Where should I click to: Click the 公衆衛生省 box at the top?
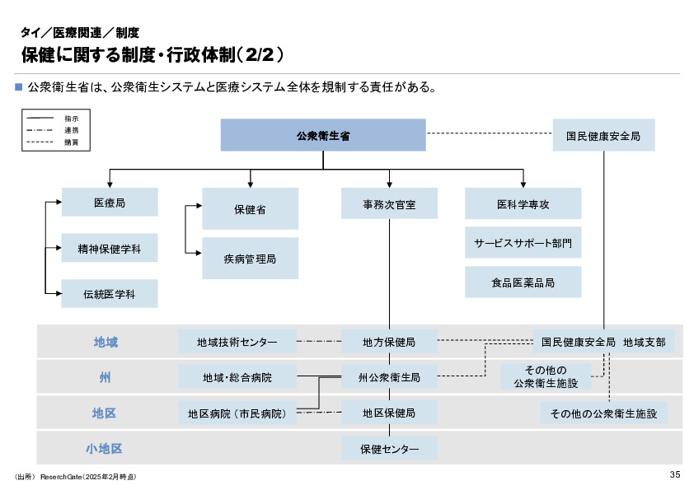323,135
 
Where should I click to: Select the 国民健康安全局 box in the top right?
603,135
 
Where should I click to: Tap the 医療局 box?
110,202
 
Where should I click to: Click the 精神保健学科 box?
110,247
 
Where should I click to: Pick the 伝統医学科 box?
110,293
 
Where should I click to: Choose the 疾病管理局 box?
250,259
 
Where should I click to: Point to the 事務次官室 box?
389,203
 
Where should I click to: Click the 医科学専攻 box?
523,203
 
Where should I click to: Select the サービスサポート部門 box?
523,243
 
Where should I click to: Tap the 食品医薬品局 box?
523,282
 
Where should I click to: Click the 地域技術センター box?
237,342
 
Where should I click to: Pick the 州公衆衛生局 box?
389,378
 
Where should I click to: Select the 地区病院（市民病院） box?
237,413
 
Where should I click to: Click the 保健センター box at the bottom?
389,449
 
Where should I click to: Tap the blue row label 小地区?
105,449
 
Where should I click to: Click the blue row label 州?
105,378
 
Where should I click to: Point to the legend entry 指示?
71,119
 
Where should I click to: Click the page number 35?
674,474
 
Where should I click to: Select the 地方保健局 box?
389,342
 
